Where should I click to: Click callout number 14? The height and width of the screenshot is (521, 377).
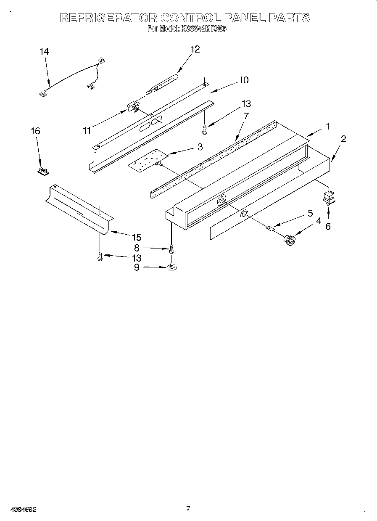(x=44, y=51)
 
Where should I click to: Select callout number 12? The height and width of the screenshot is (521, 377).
(x=195, y=49)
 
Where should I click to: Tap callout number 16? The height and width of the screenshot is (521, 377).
(x=35, y=131)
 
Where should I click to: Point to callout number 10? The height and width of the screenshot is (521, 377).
(x=243, y=80)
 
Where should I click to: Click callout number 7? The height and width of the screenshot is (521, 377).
(x=246, y=115)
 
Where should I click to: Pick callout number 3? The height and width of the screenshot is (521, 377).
(x=200, y=147)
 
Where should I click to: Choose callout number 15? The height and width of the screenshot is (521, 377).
(x=136, y=237)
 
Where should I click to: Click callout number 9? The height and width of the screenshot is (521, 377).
(x=137, y=267)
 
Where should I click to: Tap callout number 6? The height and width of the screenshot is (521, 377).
(x=328, y=226)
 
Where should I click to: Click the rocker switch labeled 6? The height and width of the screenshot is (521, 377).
(x=327, y=196)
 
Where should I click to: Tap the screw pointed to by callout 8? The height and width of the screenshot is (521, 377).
(x=171, y=249)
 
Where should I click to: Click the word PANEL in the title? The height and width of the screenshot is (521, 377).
(x=244, y=18)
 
